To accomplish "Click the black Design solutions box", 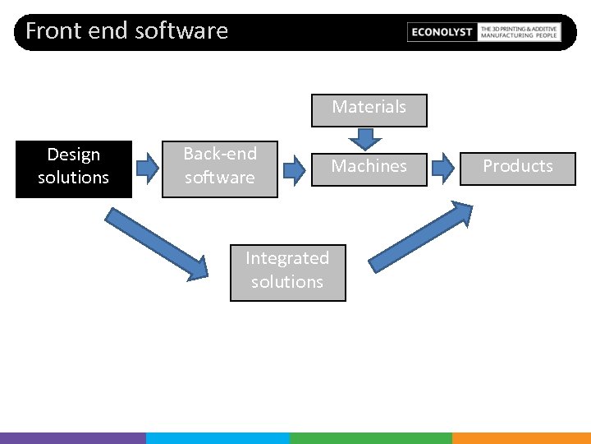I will coord(73,169).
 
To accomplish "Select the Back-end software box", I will coord(219,169).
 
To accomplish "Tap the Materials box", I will coord(369,110).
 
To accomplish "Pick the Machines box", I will coord(369,169).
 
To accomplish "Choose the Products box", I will coord(517,169).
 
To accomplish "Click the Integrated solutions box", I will coord(287,272).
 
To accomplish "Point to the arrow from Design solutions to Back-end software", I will coord(147,169).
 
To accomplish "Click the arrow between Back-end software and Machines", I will coord(293,169).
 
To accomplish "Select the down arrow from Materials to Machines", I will coord(360,138).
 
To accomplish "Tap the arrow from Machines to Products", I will coord(442,169).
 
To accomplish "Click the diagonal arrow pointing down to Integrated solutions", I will coord(156,243).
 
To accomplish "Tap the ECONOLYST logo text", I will coord(442,32).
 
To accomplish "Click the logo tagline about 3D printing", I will coord(519,32).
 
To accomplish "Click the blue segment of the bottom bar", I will coord(218,438).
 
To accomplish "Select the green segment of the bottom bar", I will coord(370,438).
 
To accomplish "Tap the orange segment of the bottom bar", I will coord(521,438).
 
